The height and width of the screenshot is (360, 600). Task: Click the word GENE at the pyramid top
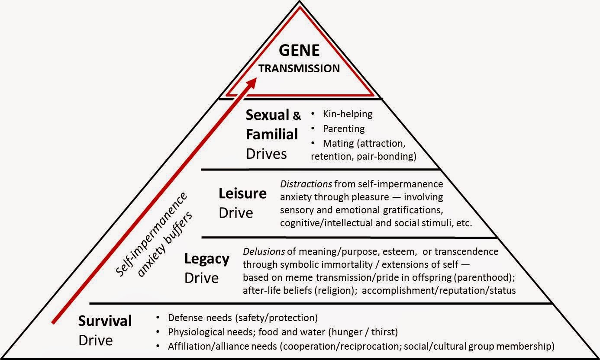[x=299, y=50]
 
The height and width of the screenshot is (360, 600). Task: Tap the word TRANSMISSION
[x=299, y=68]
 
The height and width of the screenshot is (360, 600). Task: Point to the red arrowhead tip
[x=257, y=78]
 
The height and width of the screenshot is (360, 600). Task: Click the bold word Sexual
[x=268, y=115]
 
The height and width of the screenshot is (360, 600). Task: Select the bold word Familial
[x=272, y=134]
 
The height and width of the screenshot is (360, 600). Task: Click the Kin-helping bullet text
[x=348, y=114]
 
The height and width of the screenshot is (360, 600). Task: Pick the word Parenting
[x=344, y=129]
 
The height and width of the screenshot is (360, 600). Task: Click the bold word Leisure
[x=243, y=193]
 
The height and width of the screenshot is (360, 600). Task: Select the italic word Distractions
[x=306, y=184]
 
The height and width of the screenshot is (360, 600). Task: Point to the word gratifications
[x=413, y=210]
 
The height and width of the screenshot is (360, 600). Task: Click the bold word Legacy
[x=207, y=259]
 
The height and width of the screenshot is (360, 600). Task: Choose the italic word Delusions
[x=264, y=251]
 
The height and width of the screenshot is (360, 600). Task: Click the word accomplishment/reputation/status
[x=439, y=290]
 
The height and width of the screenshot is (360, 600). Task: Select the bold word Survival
[x=105, y=321]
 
